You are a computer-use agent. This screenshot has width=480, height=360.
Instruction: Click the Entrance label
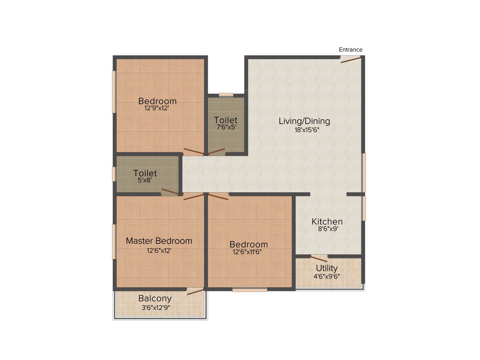pos(351,50)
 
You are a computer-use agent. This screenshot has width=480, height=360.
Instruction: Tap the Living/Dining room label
pos(304,121)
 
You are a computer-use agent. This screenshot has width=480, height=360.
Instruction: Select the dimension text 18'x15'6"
pos(304,130)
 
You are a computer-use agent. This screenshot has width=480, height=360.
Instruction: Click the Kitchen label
pos(327,222)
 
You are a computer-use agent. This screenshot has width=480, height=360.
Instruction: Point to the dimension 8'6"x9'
pos(327,230)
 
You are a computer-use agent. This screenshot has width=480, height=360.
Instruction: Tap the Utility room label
pos(326,268)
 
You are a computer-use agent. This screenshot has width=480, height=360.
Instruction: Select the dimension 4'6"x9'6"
pos(327,276)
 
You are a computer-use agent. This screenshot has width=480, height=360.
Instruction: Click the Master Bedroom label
pos(159,241)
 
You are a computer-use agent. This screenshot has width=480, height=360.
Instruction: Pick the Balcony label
pos(155,299)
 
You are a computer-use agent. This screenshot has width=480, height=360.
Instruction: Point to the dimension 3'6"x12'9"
pos(155,308)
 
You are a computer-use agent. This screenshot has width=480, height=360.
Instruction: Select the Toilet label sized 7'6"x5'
pos(225,120)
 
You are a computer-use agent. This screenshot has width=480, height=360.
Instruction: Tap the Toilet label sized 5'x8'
pos(145,173)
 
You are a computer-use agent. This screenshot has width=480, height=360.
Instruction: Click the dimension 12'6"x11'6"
pos(248,252)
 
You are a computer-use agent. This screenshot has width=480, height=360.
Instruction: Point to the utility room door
pos(319,258)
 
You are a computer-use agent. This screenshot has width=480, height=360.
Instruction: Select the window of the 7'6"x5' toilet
pos(226,95)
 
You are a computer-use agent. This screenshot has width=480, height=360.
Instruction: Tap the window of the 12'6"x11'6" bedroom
pos(249,290)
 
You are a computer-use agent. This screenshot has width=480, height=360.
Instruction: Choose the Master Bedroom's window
pos(114,241)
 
